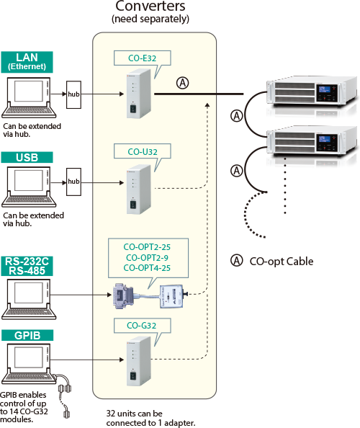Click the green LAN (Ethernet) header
coord(27,62)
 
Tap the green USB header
coord(27,158)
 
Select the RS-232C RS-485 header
coord(27,266)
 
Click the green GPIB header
coord(27,335)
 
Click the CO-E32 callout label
coord(142,58)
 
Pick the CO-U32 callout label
coord(142,151)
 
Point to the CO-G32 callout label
coord(142,326)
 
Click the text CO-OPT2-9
coord(147,258)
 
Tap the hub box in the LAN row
coord(73,94)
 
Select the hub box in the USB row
coord(73,182)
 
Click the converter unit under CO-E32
coord(138,94)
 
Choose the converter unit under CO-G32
coord(138,361)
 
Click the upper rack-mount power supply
coord(312,92)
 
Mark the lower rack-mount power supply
coord(312,141)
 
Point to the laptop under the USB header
coord(29,187)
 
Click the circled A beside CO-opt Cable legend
coord(236,261)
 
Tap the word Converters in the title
coord(150,6)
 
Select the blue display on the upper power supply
coord(325,89)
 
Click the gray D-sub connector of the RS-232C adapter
coord(123,296)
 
